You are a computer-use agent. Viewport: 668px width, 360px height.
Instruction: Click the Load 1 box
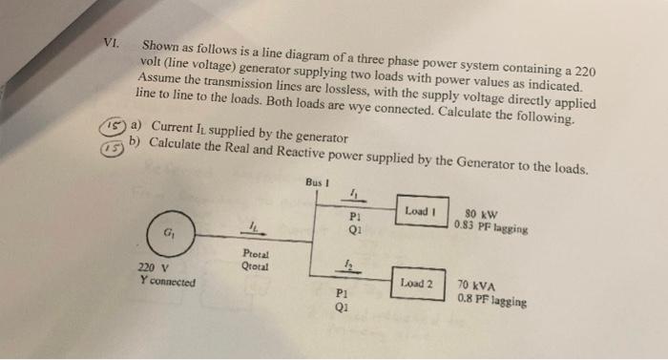click(x=420, y=210)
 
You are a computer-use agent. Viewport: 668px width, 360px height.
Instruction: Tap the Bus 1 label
click(x=317, y=181)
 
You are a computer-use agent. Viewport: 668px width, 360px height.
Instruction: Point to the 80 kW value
click(x=480, y=214)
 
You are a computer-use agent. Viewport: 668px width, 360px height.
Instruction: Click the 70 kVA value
click(x=476, y=285)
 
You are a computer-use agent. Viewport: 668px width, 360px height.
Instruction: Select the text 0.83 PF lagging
click(x=491, y=227)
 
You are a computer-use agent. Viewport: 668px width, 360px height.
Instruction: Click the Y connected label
click(x=166, y=282)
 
